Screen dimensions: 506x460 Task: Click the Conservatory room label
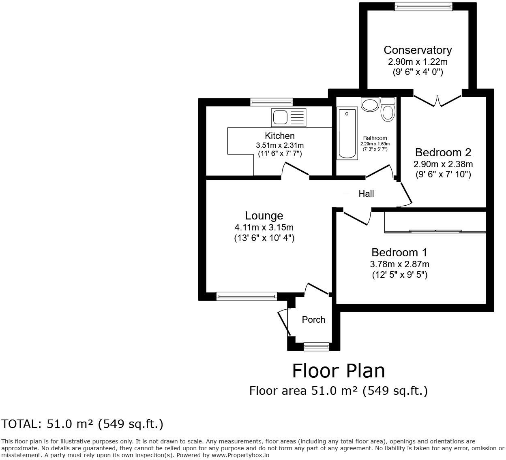coord(418,50)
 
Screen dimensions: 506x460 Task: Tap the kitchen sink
coord(289,117)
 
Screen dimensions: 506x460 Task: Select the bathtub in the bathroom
coord(347,133)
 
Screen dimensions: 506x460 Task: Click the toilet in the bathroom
coord(388,110)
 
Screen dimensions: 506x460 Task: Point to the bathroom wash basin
coord(370,104)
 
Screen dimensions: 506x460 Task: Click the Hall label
coord(366,194)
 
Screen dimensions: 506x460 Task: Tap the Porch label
coord(313,319)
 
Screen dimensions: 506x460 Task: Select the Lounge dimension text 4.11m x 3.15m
coord(264,227)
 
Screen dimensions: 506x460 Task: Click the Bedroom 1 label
coord(399,252)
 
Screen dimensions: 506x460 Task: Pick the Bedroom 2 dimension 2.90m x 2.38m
coord(443,164)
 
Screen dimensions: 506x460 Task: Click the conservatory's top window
coord(427,6)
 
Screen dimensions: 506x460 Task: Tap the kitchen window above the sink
coord(271,102)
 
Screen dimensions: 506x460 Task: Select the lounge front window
coord(247,296)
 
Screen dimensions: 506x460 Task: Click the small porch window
coord(316,346)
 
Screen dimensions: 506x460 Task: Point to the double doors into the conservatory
coord(437,101)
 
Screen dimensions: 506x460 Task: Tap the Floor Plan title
coord(339,371)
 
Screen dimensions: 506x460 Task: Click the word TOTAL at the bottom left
coord(20,424)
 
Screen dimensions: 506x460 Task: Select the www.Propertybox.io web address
coord(240,456)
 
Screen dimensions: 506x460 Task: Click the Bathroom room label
coord(375,138)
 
